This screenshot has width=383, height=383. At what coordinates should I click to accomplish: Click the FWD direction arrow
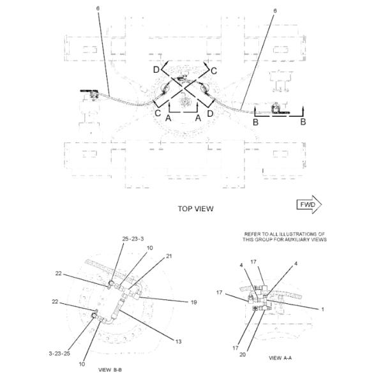309,204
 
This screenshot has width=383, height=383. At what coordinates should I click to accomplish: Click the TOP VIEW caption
196,209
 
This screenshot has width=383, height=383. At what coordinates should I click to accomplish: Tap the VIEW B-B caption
110,370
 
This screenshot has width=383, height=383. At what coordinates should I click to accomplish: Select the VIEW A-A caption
280,358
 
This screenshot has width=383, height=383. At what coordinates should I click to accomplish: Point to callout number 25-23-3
133,239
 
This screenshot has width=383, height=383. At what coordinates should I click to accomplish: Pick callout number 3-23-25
59,354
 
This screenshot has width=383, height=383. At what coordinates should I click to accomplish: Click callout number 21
169,256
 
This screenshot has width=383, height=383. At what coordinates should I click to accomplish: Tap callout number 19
193,303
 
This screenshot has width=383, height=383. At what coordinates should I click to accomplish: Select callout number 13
179,342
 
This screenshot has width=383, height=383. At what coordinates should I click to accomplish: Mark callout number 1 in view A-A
322,310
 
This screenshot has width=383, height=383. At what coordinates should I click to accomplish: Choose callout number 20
243,354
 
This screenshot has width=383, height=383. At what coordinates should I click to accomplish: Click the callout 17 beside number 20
235,348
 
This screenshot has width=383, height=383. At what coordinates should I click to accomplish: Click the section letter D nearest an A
210,114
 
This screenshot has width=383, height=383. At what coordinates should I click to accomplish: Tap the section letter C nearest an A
158,113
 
